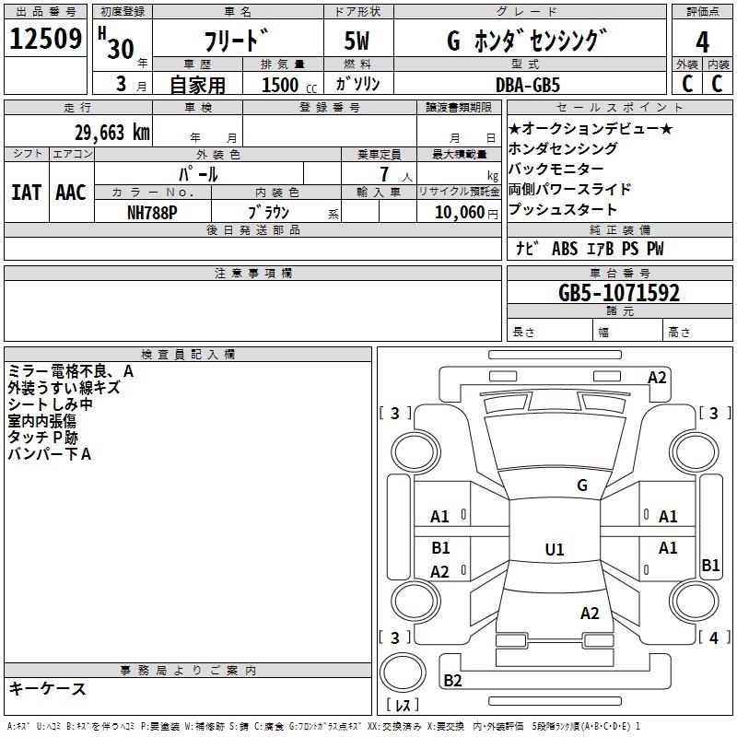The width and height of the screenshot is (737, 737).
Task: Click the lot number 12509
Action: click(x=45, y=38)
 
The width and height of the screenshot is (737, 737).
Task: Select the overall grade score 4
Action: click(x=702, y=42)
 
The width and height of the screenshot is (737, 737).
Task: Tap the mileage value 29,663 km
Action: click(x=112, y=133)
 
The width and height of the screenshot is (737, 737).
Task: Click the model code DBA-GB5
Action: click(x=528, y=85)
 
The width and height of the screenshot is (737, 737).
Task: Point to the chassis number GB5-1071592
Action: click(x=619, y=293)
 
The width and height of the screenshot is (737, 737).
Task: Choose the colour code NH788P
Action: click(x=152, y=213)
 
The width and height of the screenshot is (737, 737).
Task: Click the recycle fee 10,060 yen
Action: click(x=466, y=213)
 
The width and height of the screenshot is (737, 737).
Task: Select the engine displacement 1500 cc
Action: click(x=289, y=85)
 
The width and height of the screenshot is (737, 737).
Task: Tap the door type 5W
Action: click(x=357, y=41)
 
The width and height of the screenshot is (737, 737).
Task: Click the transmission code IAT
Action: click(x=27, y=193)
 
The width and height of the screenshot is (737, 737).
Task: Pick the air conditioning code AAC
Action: click(x=71, y=193)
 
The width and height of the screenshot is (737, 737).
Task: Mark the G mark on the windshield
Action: click(x=582, y=485)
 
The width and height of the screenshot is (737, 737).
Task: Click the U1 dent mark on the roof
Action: click(x=555, y=549)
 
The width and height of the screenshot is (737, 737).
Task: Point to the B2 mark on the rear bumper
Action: click(x=452, y=680)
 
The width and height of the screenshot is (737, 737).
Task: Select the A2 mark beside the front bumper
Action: click(x=657, y=378)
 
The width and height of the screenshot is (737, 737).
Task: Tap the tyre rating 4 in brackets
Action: click(x=714, y=638)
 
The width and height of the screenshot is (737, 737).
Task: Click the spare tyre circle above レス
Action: click(x=403, y=673)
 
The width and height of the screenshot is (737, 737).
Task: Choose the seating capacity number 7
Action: click(x=384, y=174)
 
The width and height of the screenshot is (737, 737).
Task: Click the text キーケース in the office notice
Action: click(x=48, y=688)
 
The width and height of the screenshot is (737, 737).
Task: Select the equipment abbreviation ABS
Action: click(x=565, y=249)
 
